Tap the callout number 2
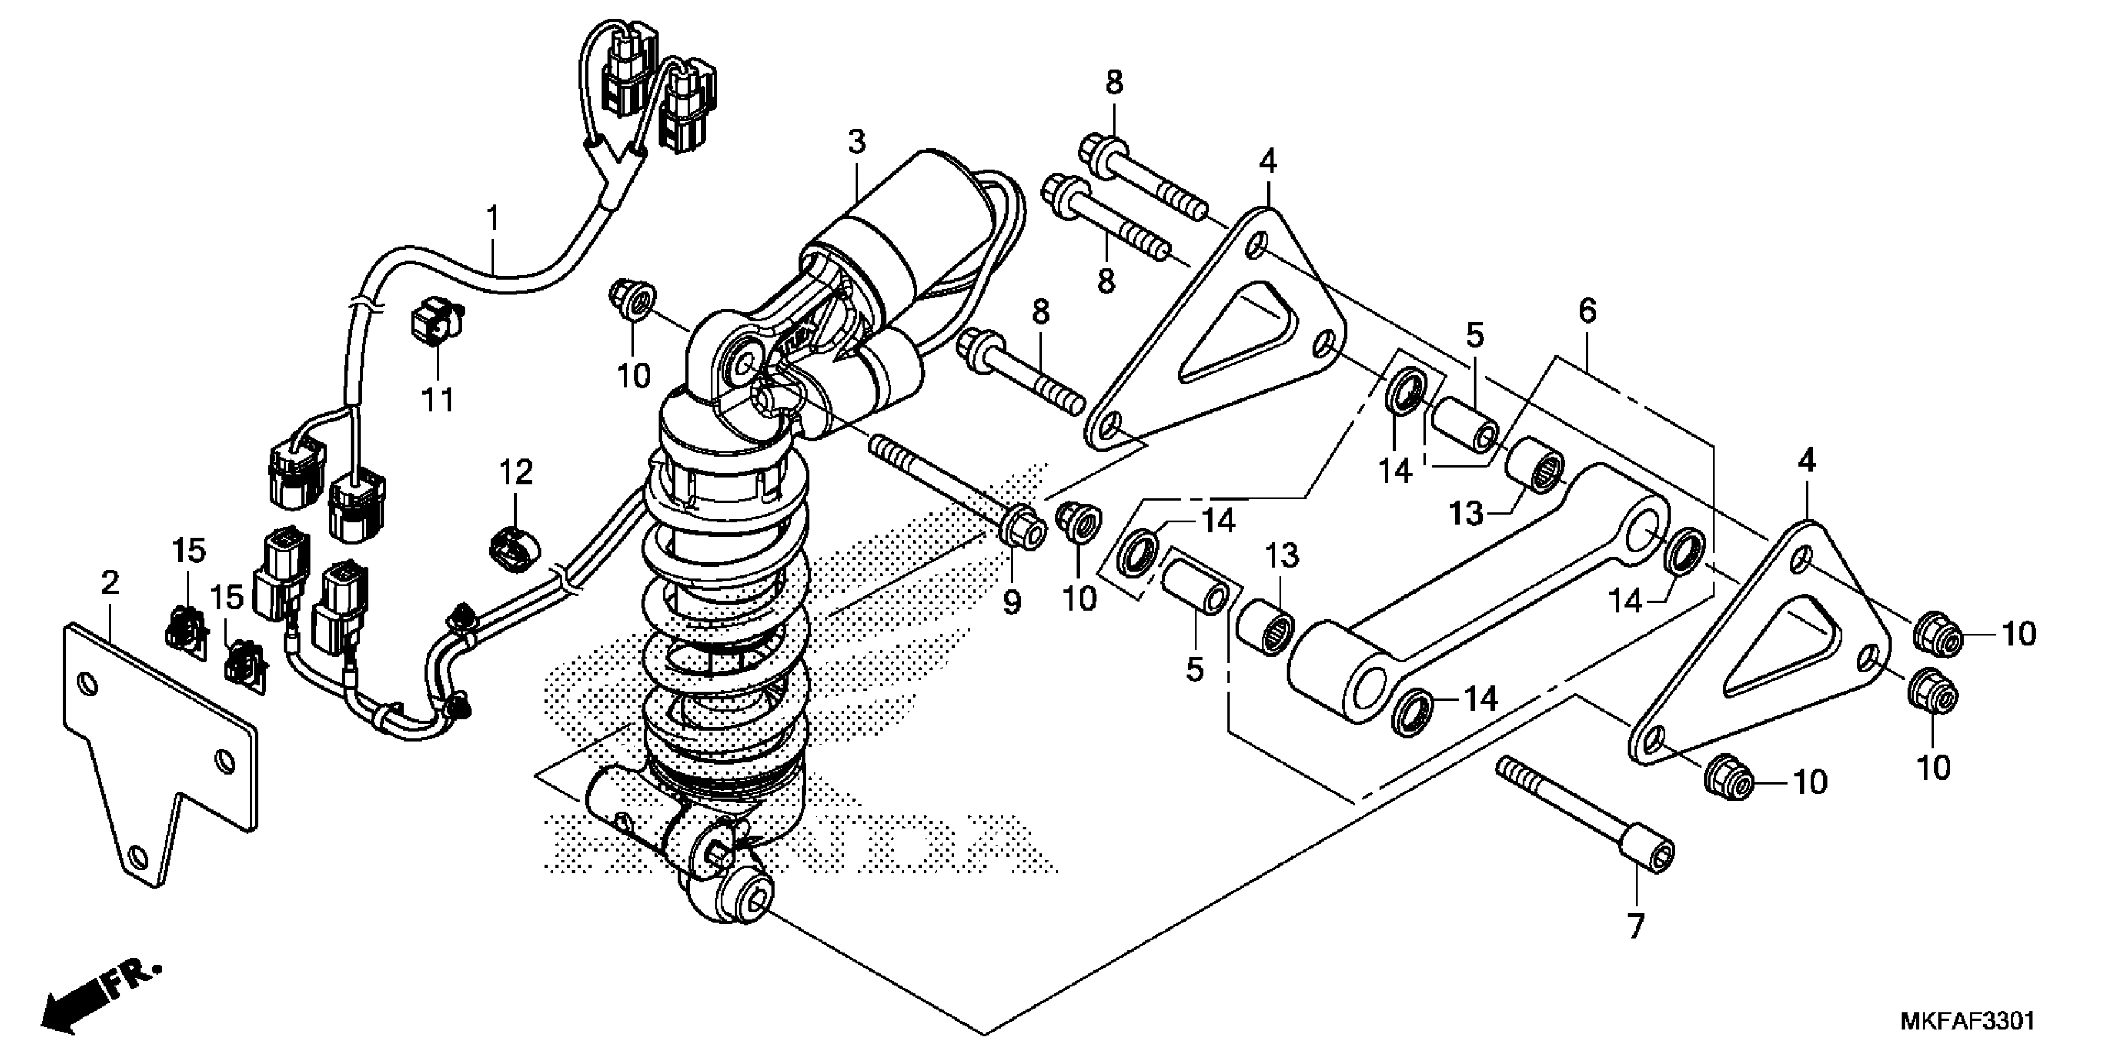tap(110, 583)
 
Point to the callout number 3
tap(856, 142)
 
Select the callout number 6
tap(1587, 311)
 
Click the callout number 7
tap(1635, 926)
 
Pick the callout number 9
tap(1012, 603)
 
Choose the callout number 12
tap(517, 471)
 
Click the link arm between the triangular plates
tap(1476, 590)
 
